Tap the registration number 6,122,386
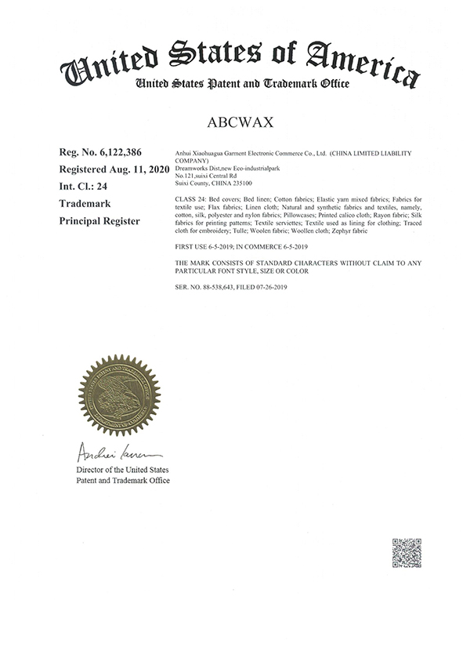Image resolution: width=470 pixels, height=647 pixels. [x=126, y=152]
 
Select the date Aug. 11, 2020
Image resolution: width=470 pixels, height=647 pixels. [x=136, y=169]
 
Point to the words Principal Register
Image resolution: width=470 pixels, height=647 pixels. [x=99, y=221]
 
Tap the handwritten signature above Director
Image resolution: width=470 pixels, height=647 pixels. [x=117, y=453]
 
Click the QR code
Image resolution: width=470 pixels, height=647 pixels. [x=407, y=553]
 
